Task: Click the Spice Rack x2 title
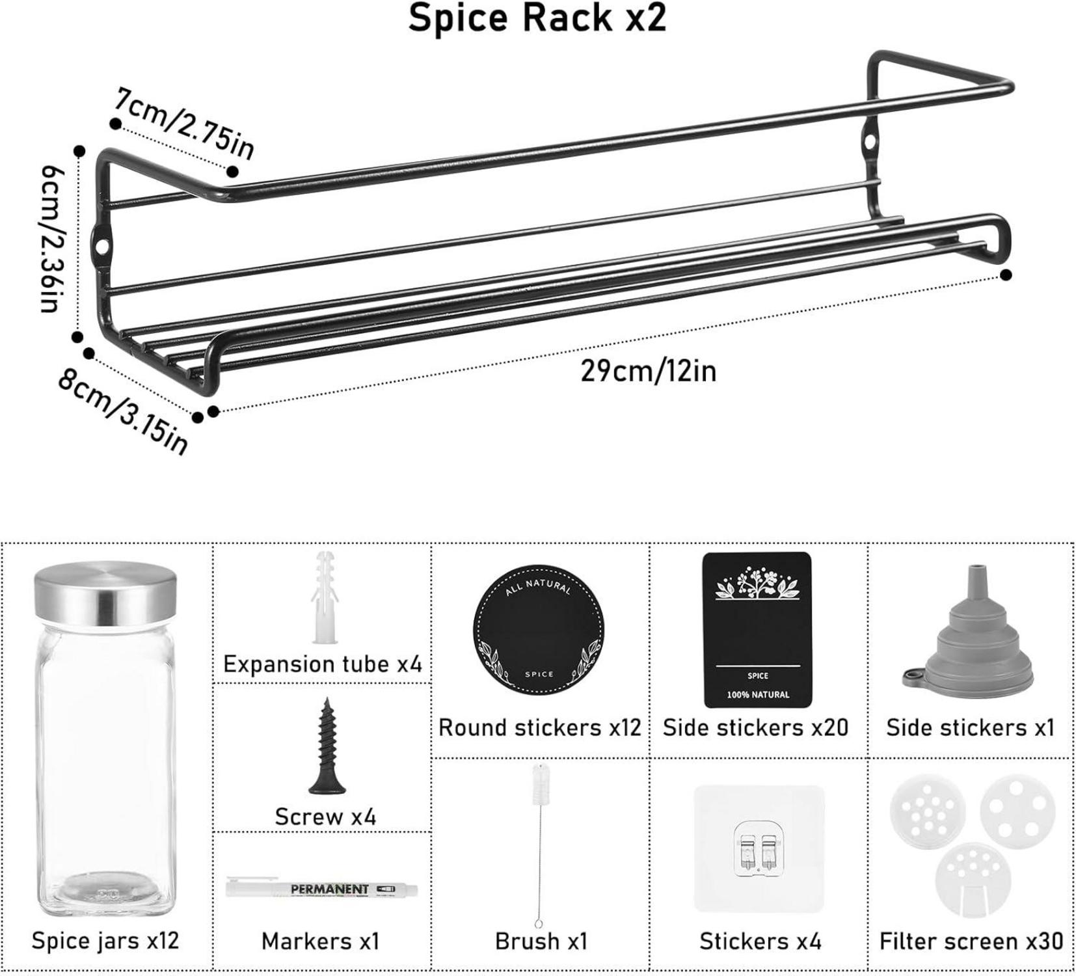[x=537, y=18]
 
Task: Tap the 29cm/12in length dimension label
[x=649, y=371]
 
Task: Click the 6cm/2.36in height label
[x=53, y=238]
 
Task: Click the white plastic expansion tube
[x=325, y=597]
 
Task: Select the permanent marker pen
[x=322, y=888]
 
